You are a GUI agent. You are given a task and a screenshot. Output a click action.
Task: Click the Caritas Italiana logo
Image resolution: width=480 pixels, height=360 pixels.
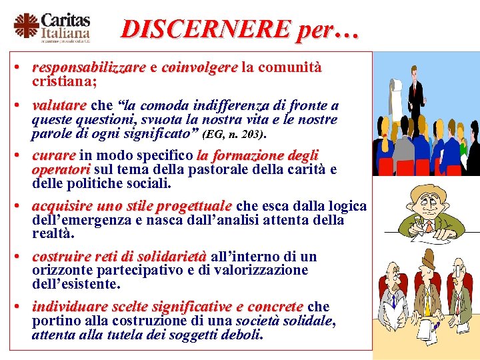pyautogui.click(x=52, y=27)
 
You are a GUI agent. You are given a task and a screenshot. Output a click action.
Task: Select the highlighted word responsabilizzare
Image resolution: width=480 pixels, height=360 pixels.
pyautogui.click(x=89, y=68)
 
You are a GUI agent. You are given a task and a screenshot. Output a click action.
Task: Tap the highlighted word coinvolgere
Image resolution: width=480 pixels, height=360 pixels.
pyautogui.click(x=199, y=68)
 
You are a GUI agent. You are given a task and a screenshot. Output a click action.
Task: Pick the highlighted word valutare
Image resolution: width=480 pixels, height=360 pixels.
pyautogui.click(x=59, y=106)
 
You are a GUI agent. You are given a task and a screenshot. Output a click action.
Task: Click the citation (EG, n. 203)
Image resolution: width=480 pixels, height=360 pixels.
pyautogui.click(x=234, y=135)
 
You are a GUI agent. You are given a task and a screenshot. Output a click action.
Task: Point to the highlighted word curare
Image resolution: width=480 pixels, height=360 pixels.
pyautogui.click(x=53, y=156)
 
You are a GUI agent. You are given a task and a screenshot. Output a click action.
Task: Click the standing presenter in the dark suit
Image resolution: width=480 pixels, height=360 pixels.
pyautogui.click(x=417, y=100)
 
